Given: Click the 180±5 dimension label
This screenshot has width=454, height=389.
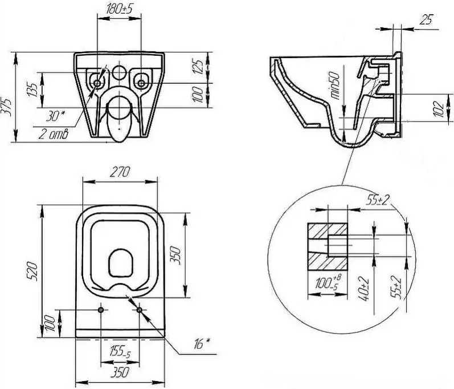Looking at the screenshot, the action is pyautogui.click(x=119, y=10).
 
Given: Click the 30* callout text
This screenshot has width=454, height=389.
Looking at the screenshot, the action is pyautogui.click(x=56, y=116).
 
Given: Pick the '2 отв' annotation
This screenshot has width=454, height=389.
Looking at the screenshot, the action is pyautogui.click(x=54, y=135).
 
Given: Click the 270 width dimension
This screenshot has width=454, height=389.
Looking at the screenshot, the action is pyautogui.click(x=120, y=172).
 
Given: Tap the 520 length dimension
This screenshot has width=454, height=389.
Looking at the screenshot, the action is pyautogui.click(x=32, y=272).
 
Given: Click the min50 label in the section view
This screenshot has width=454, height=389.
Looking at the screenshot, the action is pyautogui.click(x=336, y=86).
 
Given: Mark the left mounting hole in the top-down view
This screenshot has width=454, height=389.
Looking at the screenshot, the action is pyautogui.click(x=101, y=310).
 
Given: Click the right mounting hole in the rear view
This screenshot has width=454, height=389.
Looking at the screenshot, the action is pyautogui.click(x=141, y=83).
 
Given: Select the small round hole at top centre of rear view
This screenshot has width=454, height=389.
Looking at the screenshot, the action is pyautogui.click(x=118, y=72).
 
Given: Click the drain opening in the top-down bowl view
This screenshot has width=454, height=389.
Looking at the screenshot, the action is pyautogui.click(x=121, y=263).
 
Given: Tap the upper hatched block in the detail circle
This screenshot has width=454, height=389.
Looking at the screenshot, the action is pyautogui.click(x=327, y=231).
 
